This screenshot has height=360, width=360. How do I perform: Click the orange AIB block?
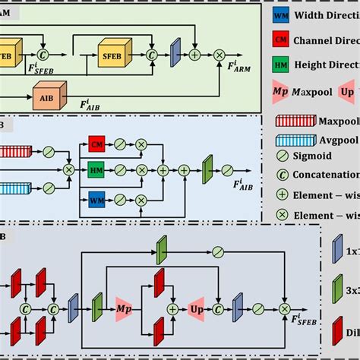coord(47,96)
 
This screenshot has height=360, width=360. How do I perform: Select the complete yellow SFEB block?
coord(112,54)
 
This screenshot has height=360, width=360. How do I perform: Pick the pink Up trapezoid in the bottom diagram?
coord(198,309)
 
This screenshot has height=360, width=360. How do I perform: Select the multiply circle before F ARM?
coord(219,55)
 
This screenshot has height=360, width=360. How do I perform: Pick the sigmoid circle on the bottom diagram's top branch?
coord(218,250)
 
